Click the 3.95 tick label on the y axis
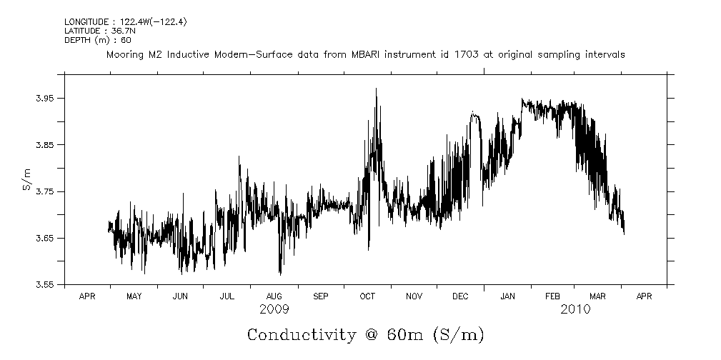point(45,99)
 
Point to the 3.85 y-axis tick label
point(45,145)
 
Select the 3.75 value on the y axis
point(45,191)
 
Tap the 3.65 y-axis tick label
point(45,238)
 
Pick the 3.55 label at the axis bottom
point(45,284)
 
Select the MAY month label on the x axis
point(134,296)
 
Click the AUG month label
point(274,296)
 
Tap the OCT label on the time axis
point(367,296)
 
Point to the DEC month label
point(460,296)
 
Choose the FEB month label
point(553,296)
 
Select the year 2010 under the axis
point(576,309)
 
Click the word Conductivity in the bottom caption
point(301,335)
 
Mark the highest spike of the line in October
point(376,89)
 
